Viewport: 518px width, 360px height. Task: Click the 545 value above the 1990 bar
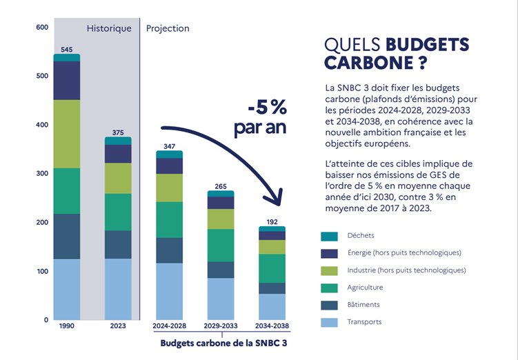(x=67, y=49)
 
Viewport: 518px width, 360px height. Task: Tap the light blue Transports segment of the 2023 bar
(x=118, y=289)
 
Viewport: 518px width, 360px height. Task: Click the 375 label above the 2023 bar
(x=118, y=132)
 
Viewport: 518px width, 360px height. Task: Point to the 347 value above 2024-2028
(x=170, y=146)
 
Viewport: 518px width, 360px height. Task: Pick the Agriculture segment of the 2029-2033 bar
(x=221, y=245)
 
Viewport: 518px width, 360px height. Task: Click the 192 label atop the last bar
(x=272, y=222)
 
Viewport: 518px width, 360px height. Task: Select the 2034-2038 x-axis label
(x=272, y=325)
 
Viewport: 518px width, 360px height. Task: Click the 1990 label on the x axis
(x=67, y=325)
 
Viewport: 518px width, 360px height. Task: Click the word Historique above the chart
(x=108, y=29)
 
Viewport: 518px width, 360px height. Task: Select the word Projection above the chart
(x=168, y=29)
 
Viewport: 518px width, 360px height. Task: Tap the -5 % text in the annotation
(x=267, y=109)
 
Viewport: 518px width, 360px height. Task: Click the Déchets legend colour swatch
(x=329, y=236)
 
